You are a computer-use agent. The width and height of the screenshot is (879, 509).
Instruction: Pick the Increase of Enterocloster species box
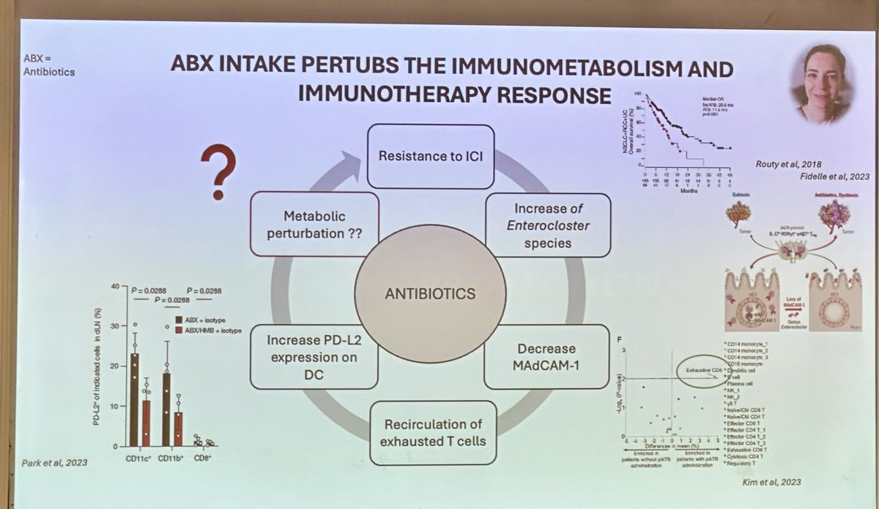[547, 224]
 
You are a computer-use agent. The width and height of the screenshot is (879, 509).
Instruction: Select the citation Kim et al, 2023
[772, 482]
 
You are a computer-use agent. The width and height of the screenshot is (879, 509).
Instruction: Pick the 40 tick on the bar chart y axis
[114, 286]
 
